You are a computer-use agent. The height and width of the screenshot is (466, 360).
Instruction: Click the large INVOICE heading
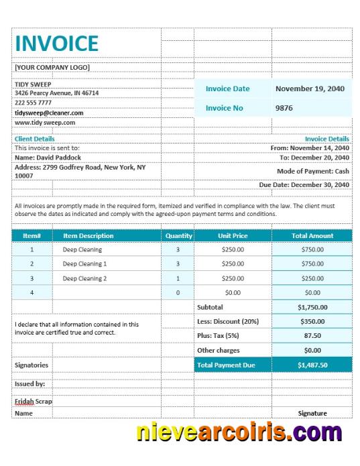[x=56, y=44]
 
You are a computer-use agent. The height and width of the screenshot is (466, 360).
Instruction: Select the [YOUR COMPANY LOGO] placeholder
[x=52, y=67]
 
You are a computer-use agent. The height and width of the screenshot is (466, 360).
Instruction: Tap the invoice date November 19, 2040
[x=309, y=89]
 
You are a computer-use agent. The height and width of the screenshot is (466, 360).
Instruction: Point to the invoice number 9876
[x=284, y=108]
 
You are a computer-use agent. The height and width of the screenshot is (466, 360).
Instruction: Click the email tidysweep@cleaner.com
[x=49, y=113]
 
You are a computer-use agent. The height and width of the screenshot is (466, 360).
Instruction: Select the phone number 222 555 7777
[x=33, y=103]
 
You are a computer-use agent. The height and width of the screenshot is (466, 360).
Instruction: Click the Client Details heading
[x=35, y=139]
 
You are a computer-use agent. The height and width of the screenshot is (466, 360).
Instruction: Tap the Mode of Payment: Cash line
[x=313, y=171]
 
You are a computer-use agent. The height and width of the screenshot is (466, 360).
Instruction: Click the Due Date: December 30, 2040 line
[x=304, y=184]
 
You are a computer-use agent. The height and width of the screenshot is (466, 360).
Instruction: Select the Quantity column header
[x=178, y=236]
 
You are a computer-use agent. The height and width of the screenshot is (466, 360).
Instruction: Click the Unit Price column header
[x=233, y=236]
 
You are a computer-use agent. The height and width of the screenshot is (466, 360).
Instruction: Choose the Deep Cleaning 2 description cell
[x=84, y=278]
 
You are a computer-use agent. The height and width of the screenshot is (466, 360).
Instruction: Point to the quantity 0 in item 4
[x=178, y=293]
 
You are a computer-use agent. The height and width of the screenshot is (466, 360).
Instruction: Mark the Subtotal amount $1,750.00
[x=312, y=307]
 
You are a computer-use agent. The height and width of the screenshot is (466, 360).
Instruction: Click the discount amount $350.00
[x=312, y=322]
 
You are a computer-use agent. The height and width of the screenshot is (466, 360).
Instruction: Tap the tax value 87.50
[x=312, y=336]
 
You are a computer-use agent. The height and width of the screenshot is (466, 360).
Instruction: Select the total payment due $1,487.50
[x=312, y=365]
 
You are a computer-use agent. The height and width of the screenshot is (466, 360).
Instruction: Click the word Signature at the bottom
[x=312, y=414]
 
